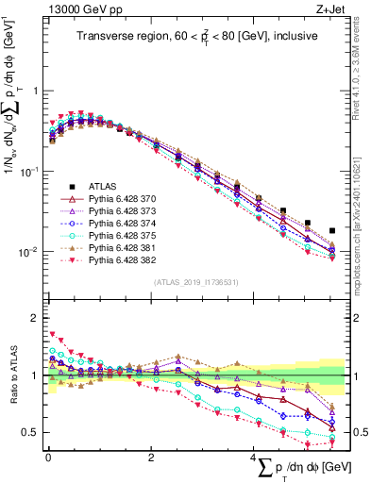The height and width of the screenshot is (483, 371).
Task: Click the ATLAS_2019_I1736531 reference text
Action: tap(194, 282)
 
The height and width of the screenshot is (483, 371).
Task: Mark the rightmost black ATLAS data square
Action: tap(332, 230)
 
